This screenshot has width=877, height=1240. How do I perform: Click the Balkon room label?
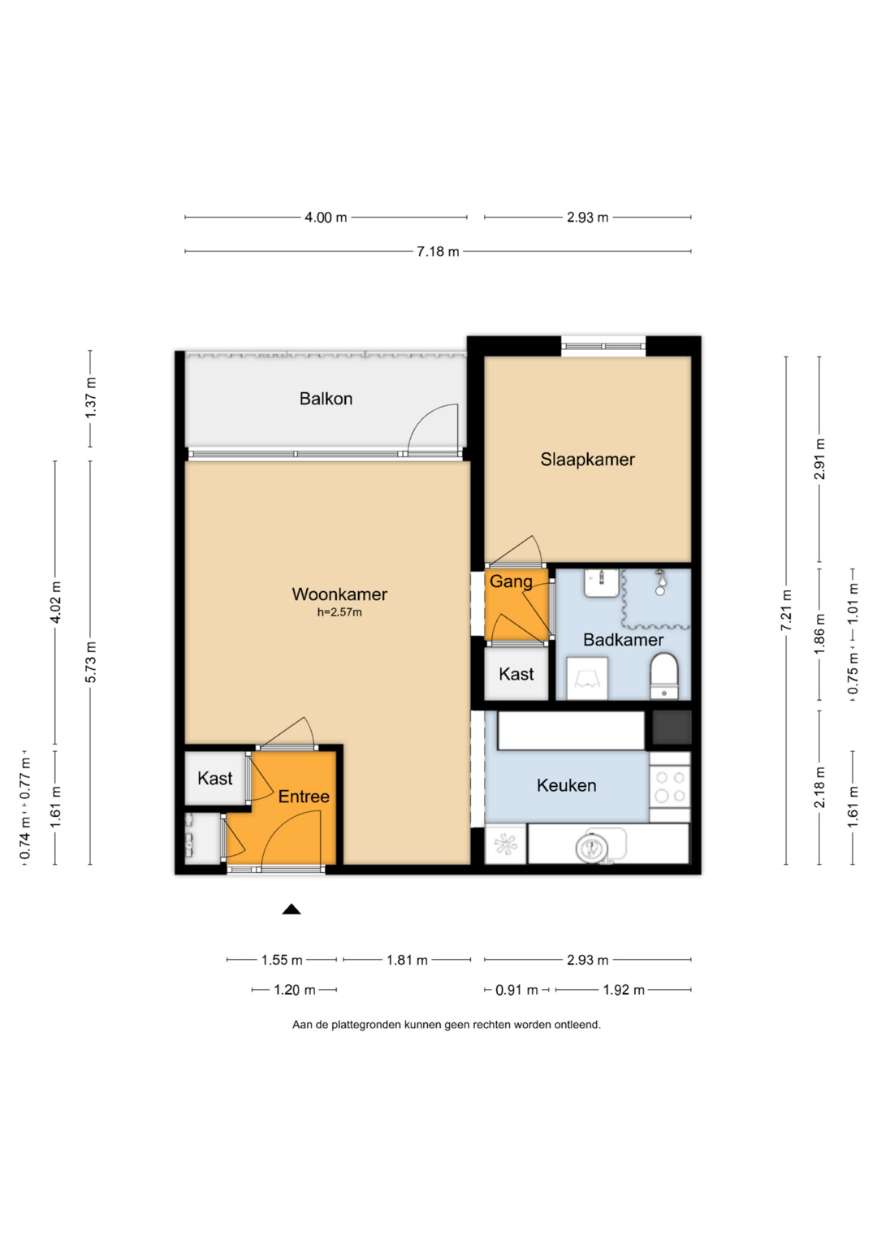(x=326, y=399)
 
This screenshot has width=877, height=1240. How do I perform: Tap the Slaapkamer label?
(x=587, y=460)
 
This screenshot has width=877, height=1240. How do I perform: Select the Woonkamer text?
(x=339, y=594)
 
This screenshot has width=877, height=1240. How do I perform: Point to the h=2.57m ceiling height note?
(x=339, y=612)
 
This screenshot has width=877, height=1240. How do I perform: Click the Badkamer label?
(x=623, y=640)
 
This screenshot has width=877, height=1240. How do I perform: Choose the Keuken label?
(x=567, y=785)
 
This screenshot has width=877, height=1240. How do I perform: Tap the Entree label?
(x=304, y=797)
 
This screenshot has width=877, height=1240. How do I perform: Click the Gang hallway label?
(x=511, y=582)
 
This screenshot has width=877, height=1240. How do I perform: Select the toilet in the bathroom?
(x=664, y=676)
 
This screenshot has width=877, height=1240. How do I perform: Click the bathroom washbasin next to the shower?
(x=601, y=583)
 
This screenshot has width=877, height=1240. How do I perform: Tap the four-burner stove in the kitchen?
(x=670, y=787)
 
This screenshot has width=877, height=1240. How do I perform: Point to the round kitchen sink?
(x=592, y=848)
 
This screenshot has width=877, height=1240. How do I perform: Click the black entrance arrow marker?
(x=292, y=909)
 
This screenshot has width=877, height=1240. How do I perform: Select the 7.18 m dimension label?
(x=438, y=251)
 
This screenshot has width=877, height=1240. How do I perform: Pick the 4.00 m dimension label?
(x=326, y=218)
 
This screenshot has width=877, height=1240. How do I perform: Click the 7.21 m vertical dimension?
(x=786, y=610)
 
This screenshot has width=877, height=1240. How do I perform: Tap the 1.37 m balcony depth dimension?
(x=91, y=397)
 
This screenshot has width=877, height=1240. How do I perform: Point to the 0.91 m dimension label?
(x=516, y=990)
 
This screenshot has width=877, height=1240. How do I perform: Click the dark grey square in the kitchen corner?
(x=672, y=728)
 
